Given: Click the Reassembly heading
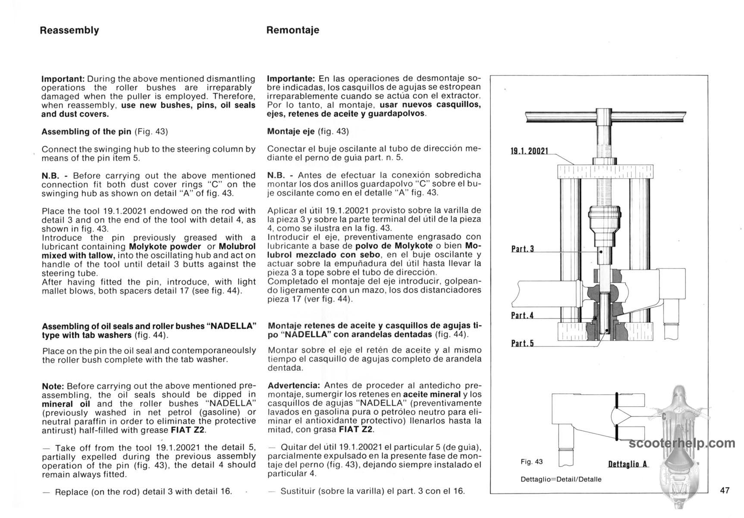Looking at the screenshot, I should click(x=69, y=30).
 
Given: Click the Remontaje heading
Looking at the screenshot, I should click(x=293, y=30).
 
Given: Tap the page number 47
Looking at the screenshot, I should click(x=725, y=490).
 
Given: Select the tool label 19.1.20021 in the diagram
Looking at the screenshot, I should click(x=529, y=151).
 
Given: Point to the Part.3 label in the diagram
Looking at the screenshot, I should click(x=522, y=249).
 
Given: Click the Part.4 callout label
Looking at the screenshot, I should click(x=522, y=316).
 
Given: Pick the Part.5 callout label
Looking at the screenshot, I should click(x=522, y=344).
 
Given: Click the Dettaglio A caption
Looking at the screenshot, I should click(x=628, y=464).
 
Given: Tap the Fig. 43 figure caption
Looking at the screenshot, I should click(x=531, y=461).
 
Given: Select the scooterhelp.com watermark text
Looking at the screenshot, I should click(x=682, y=443).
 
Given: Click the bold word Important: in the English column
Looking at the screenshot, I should click(x=63, y=79).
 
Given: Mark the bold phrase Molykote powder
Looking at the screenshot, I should click(x=165, y=246).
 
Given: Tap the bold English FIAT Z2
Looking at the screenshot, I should click(x=188, y=430).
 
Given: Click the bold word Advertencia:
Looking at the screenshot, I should click(x=294, y=385).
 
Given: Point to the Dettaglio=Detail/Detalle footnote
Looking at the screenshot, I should click(x=561, y=479).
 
